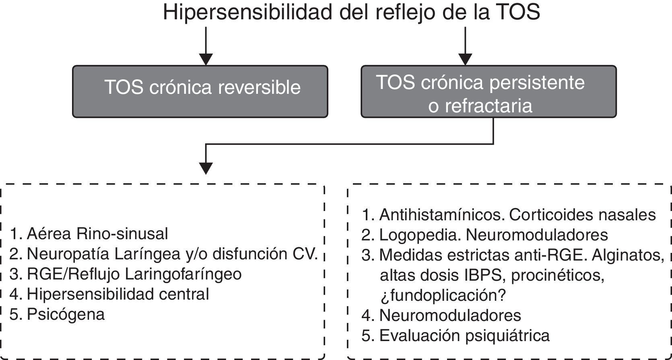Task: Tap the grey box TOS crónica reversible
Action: pyautogui.click(x=200, y=91)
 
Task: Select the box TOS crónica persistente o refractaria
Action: pyautogui.click(x=489, y=91)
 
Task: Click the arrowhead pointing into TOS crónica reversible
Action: pyautogui.click(x=206, y=59)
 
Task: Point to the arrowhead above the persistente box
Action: pyautogui.click(x=466, y=59)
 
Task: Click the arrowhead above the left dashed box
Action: pyautogui.click(x=206, y=168)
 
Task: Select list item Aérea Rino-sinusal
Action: pyautogui.click(x=97, y=234)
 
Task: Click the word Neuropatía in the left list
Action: pyautogui.click(x=68, y=254)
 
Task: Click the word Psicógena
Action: pyautogui.click(x=66, y=314)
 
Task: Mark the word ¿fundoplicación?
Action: pyautogui.click(x=442, y=296)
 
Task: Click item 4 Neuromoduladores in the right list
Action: pyautogui.click(x=450, y=315)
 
